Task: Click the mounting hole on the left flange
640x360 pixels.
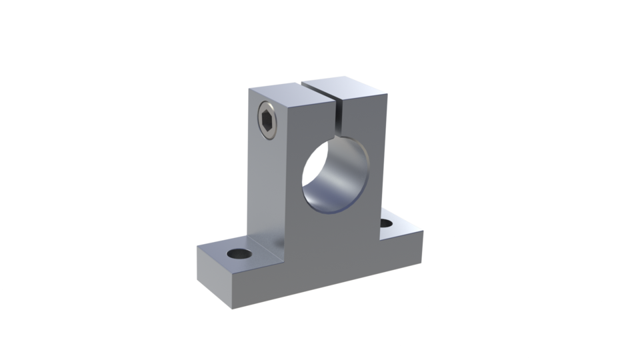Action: coord(238,254)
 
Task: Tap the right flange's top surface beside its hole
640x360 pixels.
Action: coord(403,229)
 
